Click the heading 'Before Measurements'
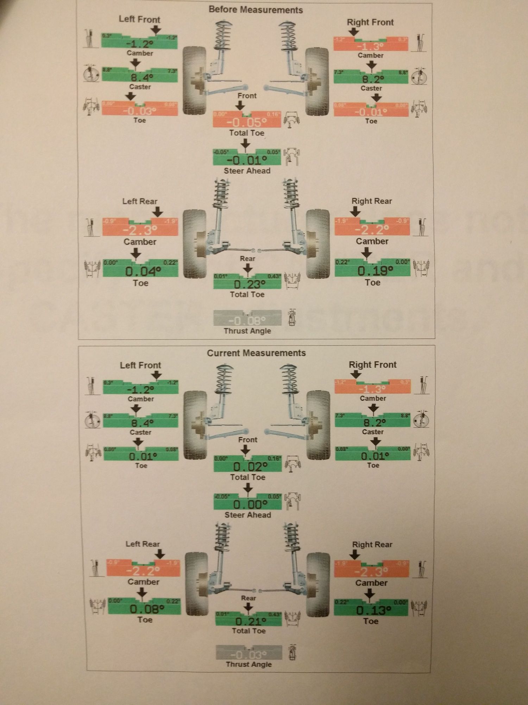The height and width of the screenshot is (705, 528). [256, 10]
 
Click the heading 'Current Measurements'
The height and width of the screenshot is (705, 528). [256, 353]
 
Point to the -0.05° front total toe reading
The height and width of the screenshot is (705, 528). [247, 122]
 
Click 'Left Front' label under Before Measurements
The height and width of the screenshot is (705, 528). [139, 19]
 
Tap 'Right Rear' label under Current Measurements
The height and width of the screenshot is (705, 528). [372, 544]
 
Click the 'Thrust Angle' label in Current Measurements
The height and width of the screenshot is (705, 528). [249, 664]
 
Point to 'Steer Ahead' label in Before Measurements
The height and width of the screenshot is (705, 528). [247, 171]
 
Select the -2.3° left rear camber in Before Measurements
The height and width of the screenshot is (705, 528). [140, 230]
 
